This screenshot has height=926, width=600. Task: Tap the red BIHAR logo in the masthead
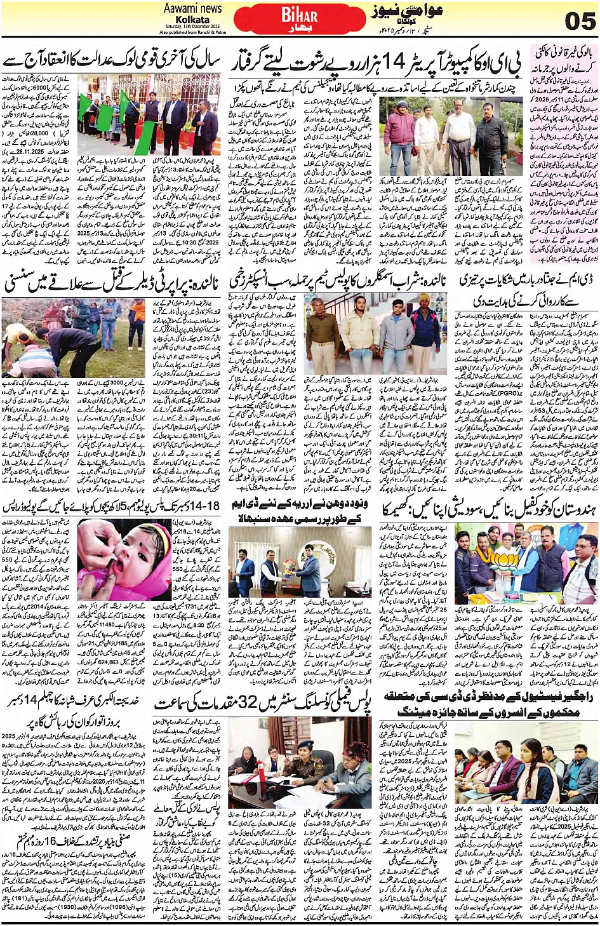[x=300, y=17]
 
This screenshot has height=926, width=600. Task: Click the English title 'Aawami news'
[x=192, y=8]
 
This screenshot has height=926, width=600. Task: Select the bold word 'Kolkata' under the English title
[x=192, y=19]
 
